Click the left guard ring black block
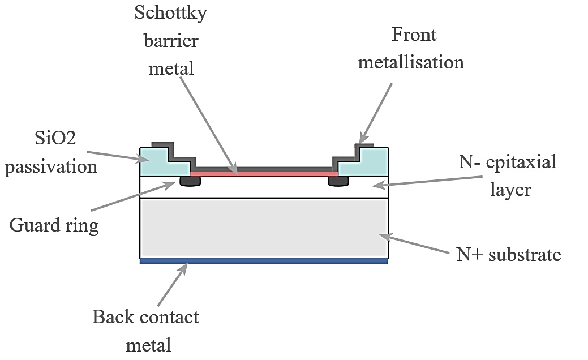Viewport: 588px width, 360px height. click(190, 181)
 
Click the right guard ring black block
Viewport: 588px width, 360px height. click(338, 181)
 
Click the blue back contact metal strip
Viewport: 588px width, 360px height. click(264, 261)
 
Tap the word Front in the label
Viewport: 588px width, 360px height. click(414, 35)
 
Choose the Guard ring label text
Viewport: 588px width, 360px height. click(54, 225)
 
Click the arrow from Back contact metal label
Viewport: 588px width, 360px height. click(172, 286)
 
